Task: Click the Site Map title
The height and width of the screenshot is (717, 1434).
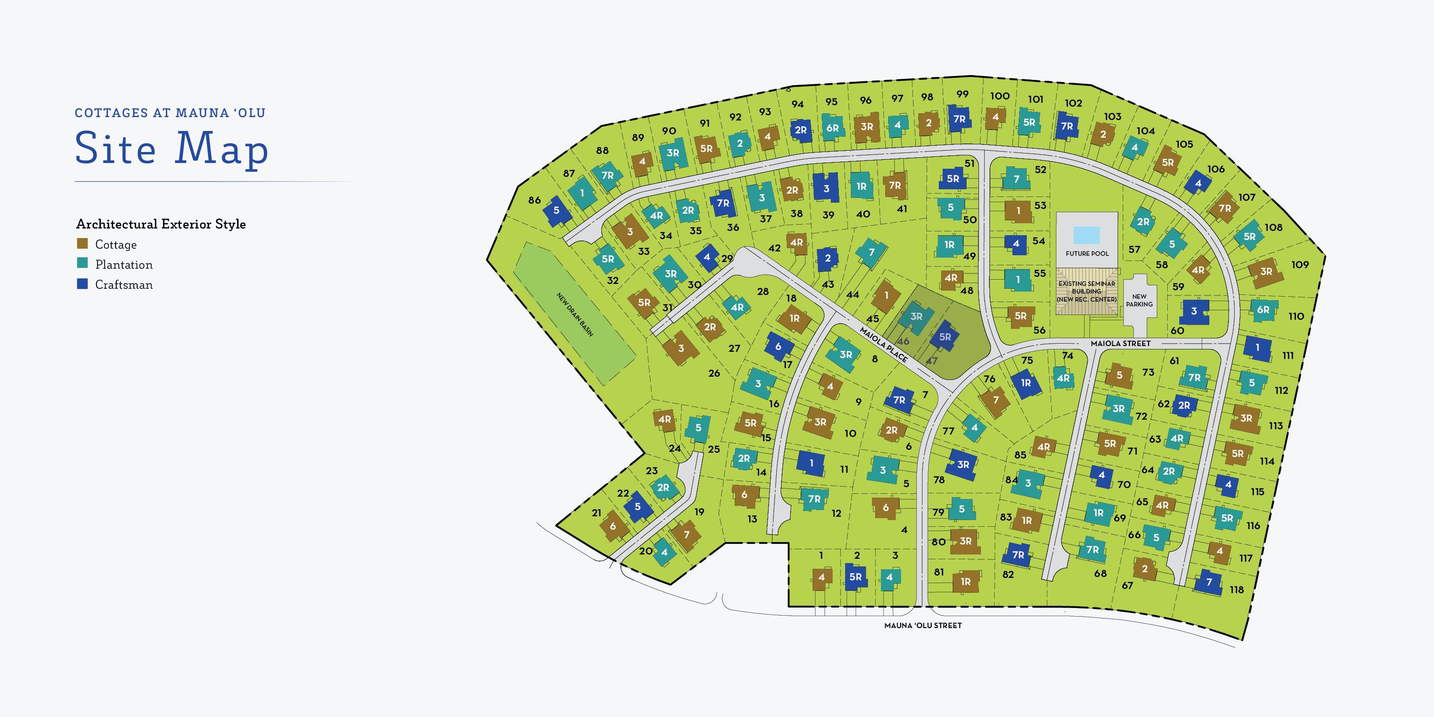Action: [x=172, y=148]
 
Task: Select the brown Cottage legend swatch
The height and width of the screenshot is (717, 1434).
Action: [x=82, y=244]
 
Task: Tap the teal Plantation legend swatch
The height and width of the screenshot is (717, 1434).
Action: [x=82, y=263]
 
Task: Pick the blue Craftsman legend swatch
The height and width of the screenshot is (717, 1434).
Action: [x=82, y=284]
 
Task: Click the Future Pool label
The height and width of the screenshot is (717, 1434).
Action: [x=1086, y=254]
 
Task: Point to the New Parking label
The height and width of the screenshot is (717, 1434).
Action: [x=1139, y=301]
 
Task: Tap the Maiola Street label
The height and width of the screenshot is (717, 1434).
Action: [x=1120, y=344]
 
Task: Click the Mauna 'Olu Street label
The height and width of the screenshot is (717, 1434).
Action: [x=923, y=626]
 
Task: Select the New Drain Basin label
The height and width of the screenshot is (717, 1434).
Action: [x=575, y=315]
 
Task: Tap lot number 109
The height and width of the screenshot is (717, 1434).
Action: [x=1300, y=265]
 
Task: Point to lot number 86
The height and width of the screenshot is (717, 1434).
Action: [x=534, y=200]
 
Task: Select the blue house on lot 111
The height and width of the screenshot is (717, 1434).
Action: [x=1257, y=348]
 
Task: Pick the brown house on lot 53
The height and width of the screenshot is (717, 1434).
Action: [x=1018, y=211]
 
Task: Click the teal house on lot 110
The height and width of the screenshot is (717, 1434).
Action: [x=1263, y=310]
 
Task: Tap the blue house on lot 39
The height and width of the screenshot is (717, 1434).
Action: [x=826, y=188]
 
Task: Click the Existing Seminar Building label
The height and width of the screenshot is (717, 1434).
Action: [x=1086, y=291]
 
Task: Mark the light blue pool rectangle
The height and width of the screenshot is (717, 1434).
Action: [x=1086, y=235]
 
